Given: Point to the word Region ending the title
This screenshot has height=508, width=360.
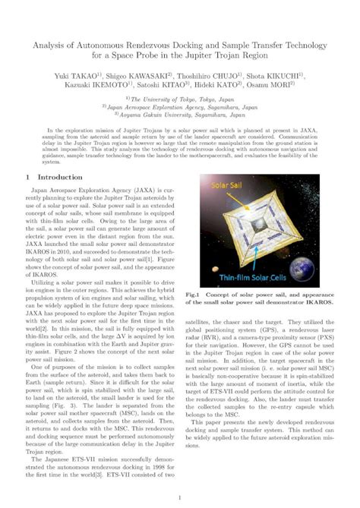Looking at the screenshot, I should tap(289, 56).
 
